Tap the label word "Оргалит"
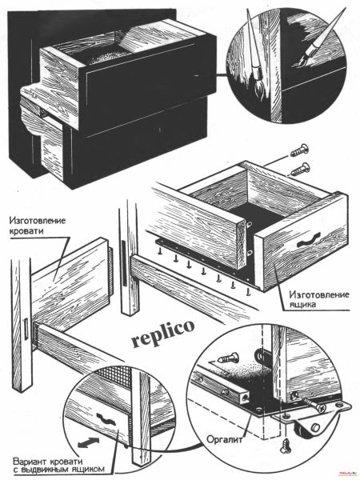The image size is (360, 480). (225, 439)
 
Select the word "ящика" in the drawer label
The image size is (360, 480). (302, 305)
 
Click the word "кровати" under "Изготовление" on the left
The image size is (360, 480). (26, 230)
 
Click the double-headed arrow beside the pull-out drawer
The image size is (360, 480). (89, 442)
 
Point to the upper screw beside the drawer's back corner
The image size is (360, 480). (300, 150)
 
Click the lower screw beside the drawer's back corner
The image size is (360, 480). (300, 170)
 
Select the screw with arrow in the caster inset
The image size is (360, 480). (228, 358)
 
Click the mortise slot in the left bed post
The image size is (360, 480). (26, 330)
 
